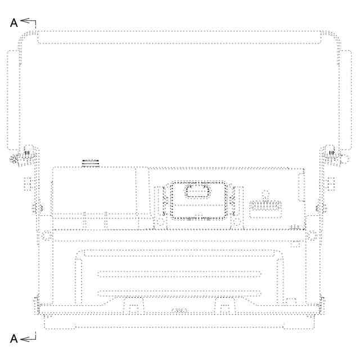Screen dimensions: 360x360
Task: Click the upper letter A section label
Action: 13,23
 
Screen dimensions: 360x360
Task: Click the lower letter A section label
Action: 13,339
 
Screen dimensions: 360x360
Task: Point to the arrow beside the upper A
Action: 28,21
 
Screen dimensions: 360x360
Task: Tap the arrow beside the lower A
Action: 28,339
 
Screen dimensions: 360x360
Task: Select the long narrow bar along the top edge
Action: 179,37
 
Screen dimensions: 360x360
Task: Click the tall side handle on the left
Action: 12,100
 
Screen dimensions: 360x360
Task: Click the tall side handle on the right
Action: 345,100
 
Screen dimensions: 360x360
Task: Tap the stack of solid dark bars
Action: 91,163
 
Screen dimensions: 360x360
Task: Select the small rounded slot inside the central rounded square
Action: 198,191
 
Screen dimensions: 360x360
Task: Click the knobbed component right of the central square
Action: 265,205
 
